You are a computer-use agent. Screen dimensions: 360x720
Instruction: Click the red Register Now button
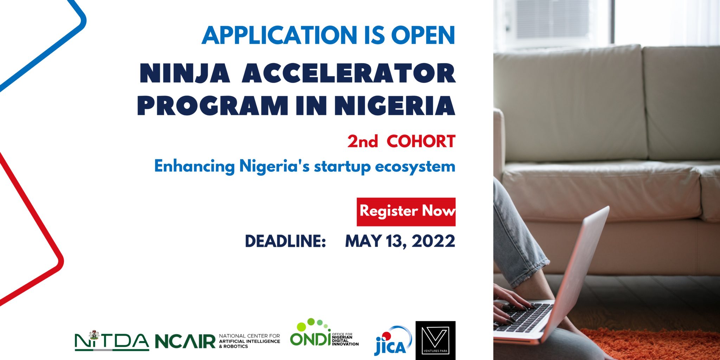coord(406,212)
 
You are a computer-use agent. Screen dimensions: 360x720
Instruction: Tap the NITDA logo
coord(111,341)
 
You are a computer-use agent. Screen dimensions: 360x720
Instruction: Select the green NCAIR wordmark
coord(185,341)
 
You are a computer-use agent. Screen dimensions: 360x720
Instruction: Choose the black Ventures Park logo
coord(435,340)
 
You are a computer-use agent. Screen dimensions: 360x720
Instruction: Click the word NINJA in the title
coord(185,74)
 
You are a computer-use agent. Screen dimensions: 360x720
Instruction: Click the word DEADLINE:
coord(285,242)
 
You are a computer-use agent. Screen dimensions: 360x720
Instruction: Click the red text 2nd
coord(362,142)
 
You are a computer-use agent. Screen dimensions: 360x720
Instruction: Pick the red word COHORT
coord(421,142)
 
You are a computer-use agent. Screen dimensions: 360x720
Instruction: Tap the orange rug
coord(650,346)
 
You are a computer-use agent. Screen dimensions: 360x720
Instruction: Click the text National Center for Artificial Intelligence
coord(249,339)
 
